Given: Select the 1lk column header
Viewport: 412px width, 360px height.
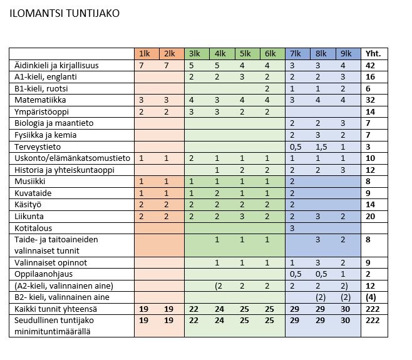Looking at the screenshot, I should coord(145,54).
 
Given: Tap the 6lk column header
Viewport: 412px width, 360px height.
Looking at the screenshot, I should coord(269,54).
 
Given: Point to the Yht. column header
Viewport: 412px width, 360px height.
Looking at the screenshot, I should coord(373,54).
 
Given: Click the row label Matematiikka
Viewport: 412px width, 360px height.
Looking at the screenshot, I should coord(40,100).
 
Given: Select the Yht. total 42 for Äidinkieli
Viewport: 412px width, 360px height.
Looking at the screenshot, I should coord(370,65).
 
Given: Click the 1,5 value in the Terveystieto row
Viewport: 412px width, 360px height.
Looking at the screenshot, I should coord(321,147).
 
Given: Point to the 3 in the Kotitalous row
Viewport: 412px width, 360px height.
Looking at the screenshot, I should coord(292,228).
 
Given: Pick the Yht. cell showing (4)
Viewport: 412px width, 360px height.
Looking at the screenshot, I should coord(370,297).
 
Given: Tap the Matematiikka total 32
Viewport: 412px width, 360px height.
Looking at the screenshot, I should coord(370,100).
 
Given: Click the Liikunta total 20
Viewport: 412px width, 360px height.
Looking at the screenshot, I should coord(370,216).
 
